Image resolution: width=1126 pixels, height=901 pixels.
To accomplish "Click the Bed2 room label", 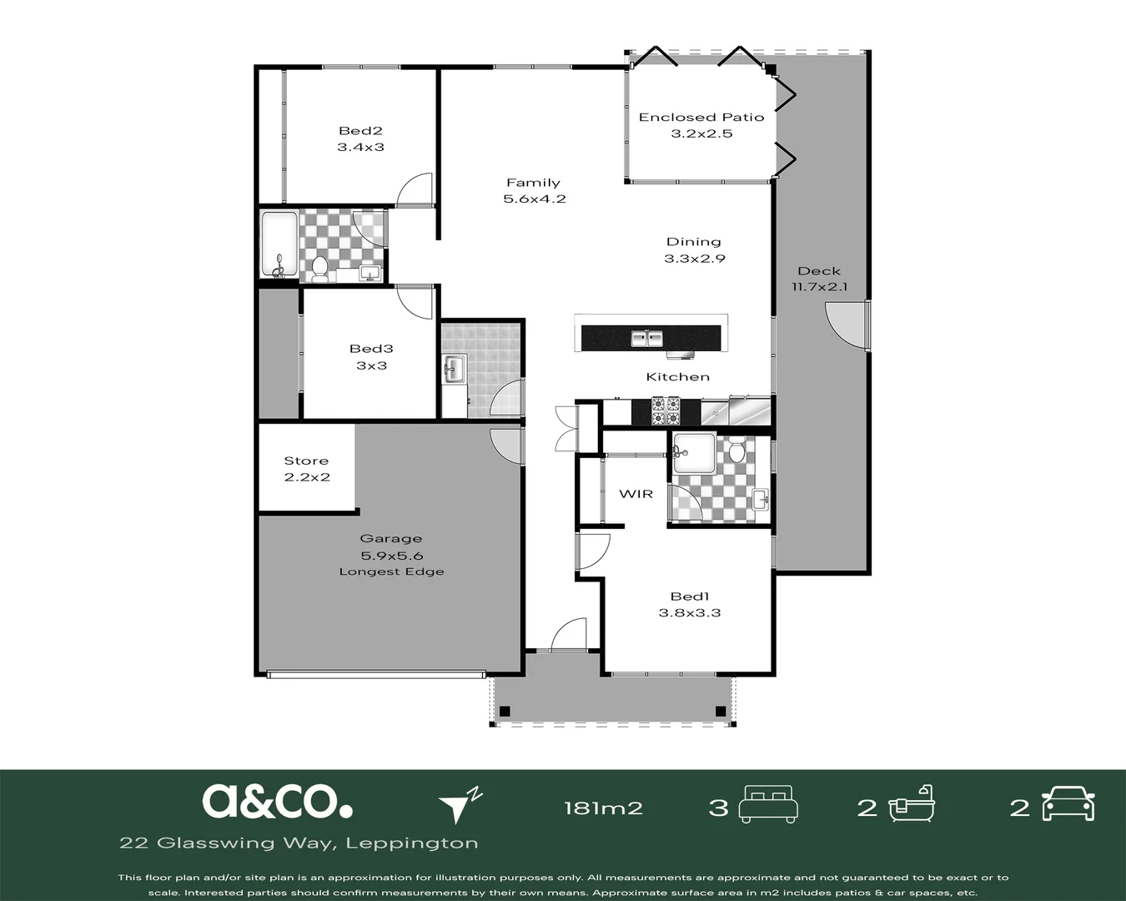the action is coord(360,131).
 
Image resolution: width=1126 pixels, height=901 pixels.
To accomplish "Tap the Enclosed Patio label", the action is coord(701,118).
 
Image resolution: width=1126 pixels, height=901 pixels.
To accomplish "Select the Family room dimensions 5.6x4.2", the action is coord(534,199).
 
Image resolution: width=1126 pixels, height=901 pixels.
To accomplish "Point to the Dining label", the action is coord(693,242).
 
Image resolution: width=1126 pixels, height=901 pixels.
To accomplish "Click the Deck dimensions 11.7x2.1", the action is coord(819,287).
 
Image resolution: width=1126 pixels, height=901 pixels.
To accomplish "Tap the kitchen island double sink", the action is coord(646,338).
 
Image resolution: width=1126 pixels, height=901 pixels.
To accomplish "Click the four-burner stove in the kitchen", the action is coord(666,411).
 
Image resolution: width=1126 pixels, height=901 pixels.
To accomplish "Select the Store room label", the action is coord(306,461).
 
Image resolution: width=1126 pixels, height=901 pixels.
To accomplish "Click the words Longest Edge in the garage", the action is coord(391,571).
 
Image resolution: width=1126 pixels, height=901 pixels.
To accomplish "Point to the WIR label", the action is coord(636,494).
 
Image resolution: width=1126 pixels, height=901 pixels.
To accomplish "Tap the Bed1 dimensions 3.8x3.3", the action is coord(690,612).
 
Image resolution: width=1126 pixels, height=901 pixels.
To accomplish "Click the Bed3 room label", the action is coord(371,349).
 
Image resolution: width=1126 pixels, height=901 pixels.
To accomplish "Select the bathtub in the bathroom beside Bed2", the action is coord(279,244).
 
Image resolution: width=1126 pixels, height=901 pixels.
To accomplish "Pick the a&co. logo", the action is coord(277,801).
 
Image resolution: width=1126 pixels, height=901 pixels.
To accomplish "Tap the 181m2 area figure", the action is coord(603,808).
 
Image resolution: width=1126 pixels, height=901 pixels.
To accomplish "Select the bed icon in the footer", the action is coord(768,804).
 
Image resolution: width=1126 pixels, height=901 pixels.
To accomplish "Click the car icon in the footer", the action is coord(1068,803).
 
